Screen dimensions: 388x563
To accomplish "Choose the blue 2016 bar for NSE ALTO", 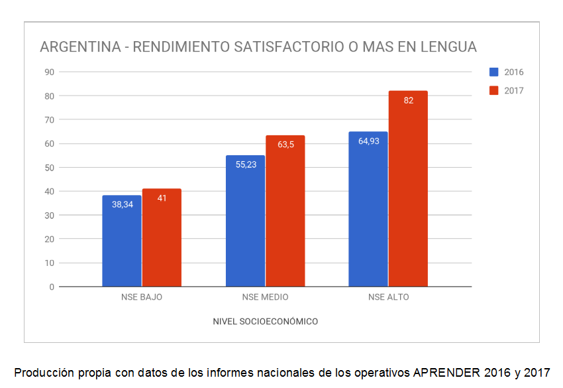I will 368,209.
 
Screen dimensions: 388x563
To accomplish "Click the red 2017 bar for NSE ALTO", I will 408,189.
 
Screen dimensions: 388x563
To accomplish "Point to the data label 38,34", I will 123,205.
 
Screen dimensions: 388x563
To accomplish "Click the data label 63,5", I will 285,145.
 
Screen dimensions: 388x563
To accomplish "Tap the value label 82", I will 408,101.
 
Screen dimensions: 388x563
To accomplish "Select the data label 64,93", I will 368,141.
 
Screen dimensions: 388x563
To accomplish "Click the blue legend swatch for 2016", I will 494,72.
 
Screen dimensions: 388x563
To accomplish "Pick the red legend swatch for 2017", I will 494,90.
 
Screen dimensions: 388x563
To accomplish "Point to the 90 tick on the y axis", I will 49,72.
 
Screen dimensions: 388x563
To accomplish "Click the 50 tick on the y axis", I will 49,167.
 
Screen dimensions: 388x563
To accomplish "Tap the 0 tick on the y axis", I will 51,287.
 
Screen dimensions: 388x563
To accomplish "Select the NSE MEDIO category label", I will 265,297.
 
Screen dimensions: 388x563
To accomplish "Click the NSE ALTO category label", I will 388,297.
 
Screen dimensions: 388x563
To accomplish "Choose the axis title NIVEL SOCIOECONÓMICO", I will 265,322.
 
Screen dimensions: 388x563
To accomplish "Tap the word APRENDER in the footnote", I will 446,372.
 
